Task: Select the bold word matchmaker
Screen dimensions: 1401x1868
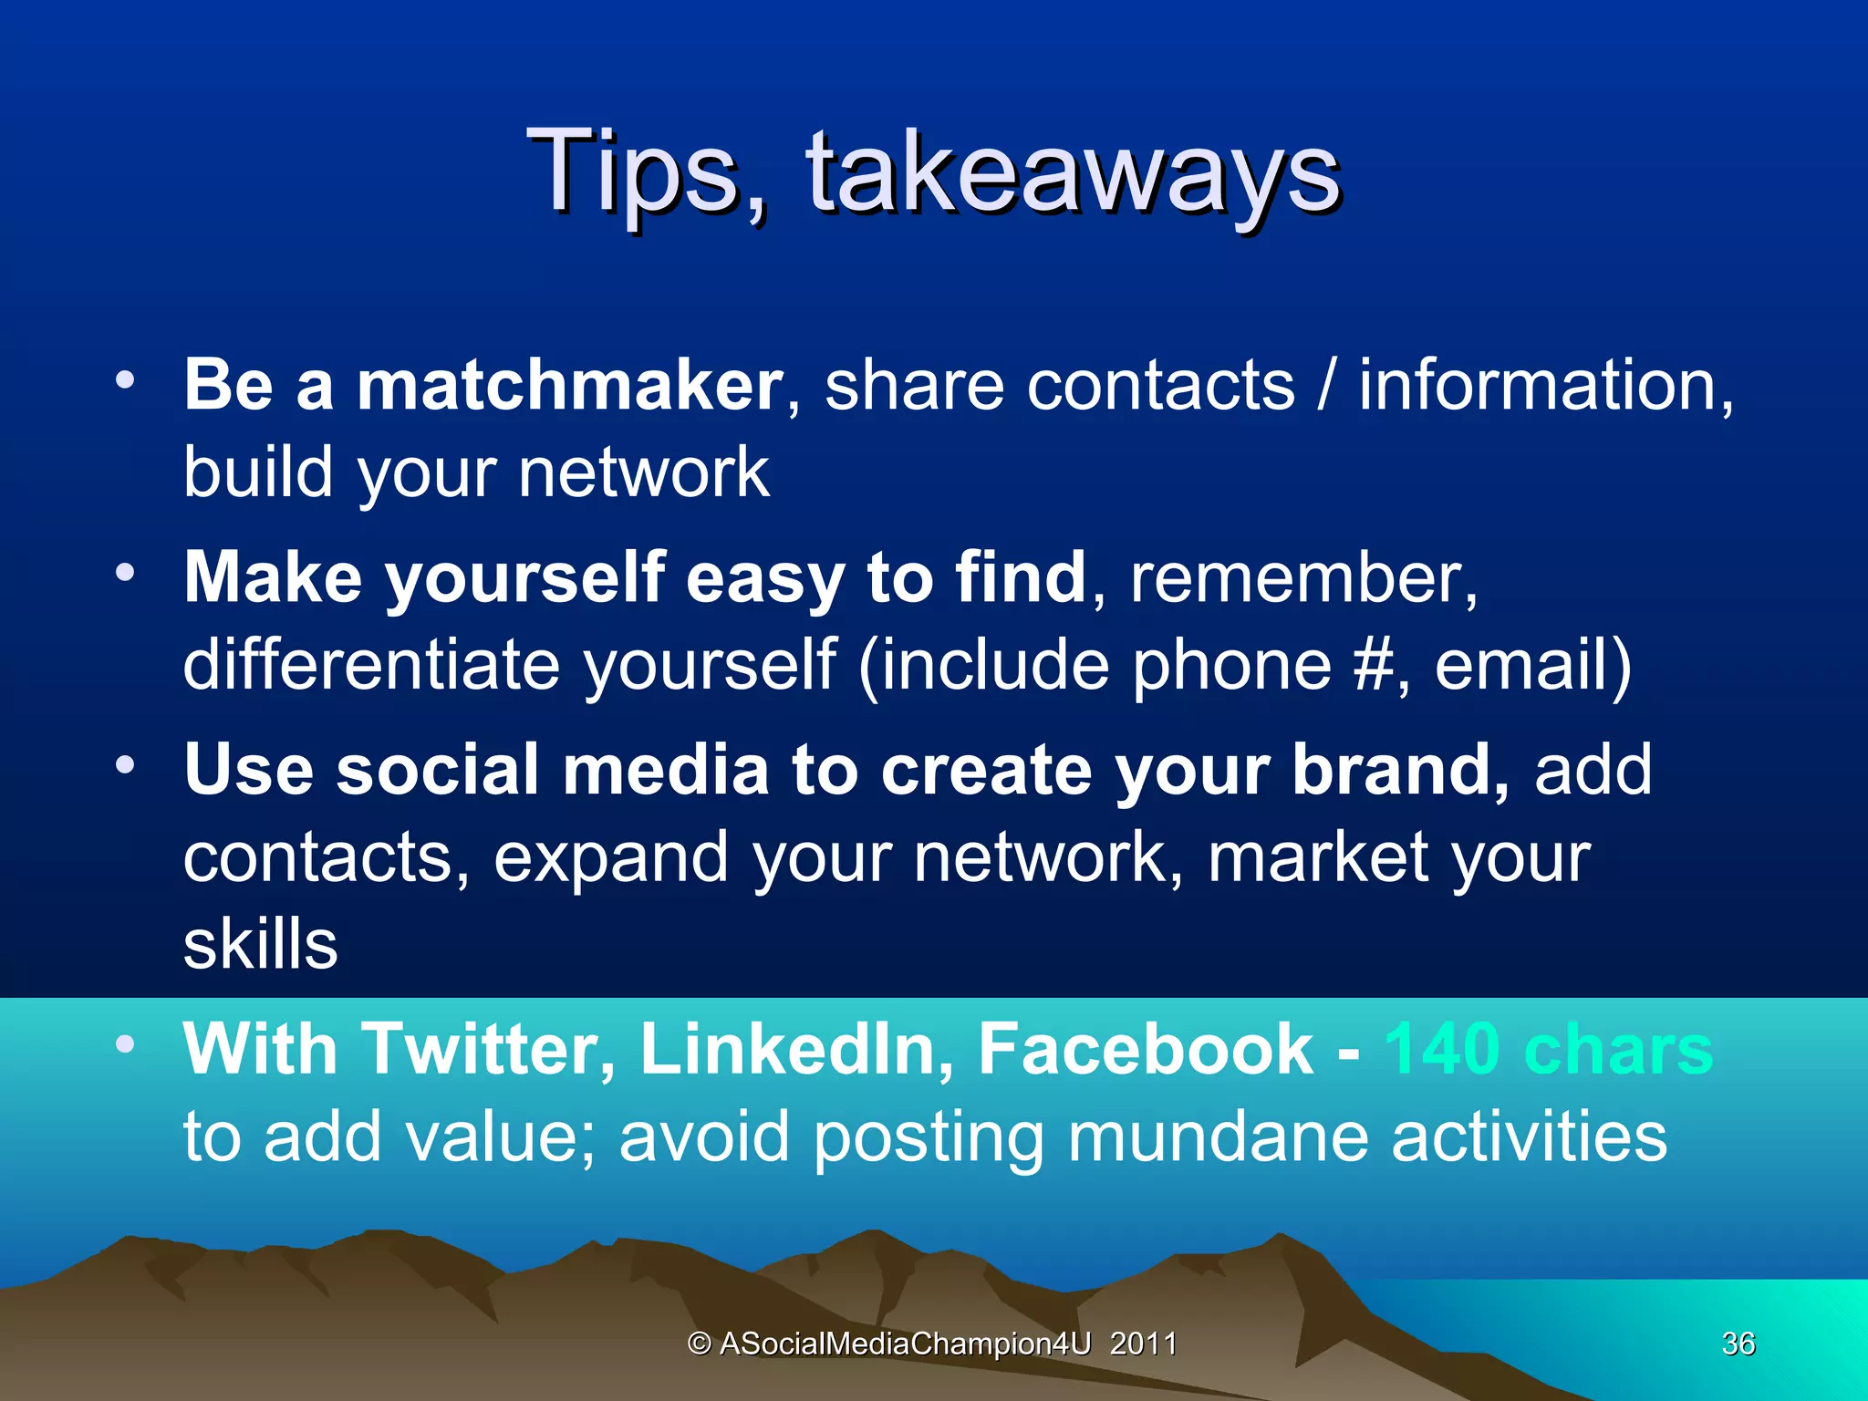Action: [569, 385]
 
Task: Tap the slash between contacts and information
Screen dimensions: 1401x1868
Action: [1326, 385]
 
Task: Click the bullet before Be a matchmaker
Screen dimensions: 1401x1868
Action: [126, 379]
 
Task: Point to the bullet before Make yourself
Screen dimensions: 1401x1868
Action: [126, 572]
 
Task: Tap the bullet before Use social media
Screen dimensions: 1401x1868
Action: [126, 764]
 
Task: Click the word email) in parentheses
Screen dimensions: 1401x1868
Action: [1532, 665]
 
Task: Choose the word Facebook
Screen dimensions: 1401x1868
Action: [1146, 1050]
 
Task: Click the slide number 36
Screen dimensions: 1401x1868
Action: [1738, 1344]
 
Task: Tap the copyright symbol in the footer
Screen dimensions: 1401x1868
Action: [699, 1344]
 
